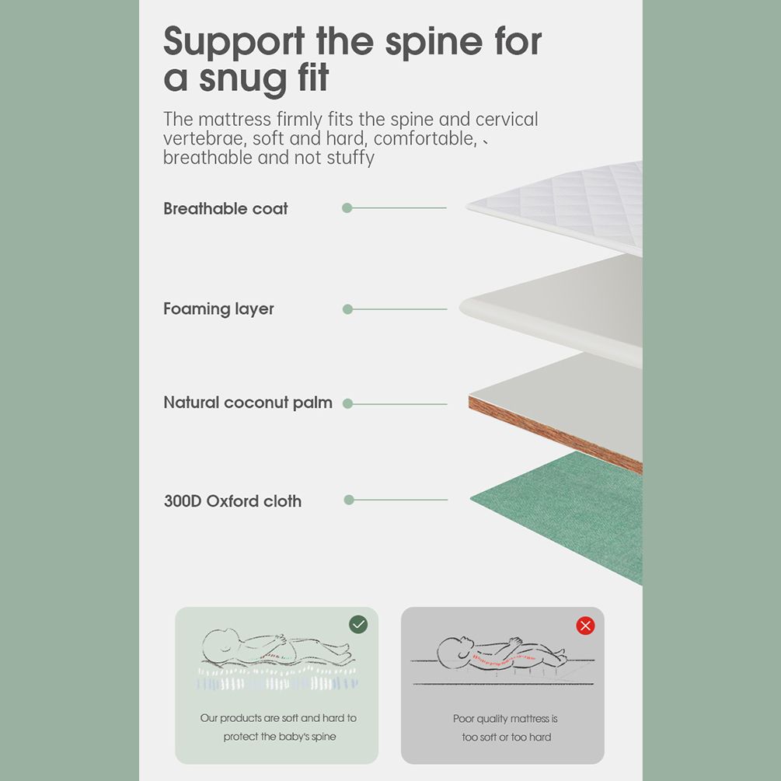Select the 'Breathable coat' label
coord(225,208)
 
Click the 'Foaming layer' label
coord(218,309)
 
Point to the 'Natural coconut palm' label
coord(248,403)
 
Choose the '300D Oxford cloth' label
coord(232,500)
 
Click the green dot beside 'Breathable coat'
coord(347,207)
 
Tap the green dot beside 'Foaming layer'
coord(347,309)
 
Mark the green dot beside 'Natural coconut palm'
coord(347,404)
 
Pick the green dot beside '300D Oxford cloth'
coord(349,500)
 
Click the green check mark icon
coord(358,625)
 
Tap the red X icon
coord(585,626)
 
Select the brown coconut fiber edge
coord(555,434)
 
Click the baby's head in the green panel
coord(221,646)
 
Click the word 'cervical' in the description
coord(507,120)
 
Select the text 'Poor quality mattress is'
coord(505,719)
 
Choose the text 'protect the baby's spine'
coord(280,737)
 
